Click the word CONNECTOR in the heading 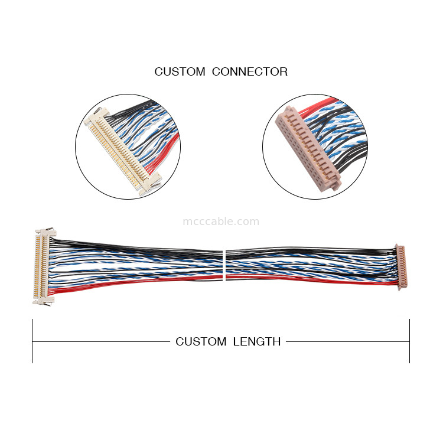tap(249, 72)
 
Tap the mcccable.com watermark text tap(221, 221)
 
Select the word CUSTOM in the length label tap(201, 341)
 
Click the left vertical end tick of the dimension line tap(32, 341)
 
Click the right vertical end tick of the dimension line tap(409, 341)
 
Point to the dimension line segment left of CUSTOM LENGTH tap(100, 341)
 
